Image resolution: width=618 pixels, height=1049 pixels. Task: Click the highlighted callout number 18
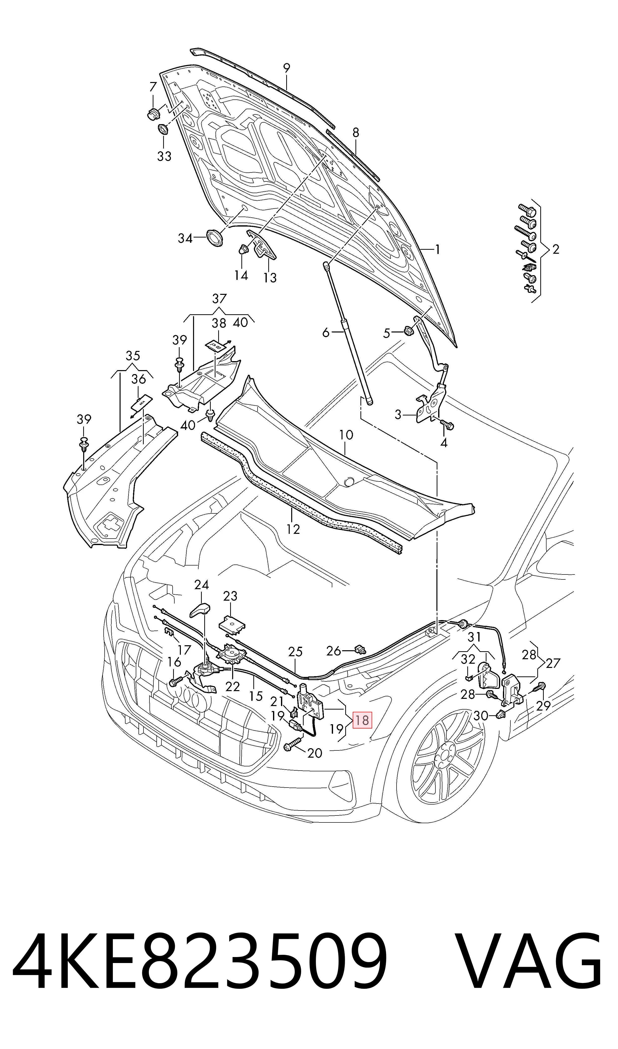pos(362,720)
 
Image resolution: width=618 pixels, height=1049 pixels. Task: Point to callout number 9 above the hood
pos(286,68)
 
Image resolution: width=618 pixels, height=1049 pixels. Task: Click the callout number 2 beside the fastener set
pos(555,249)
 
